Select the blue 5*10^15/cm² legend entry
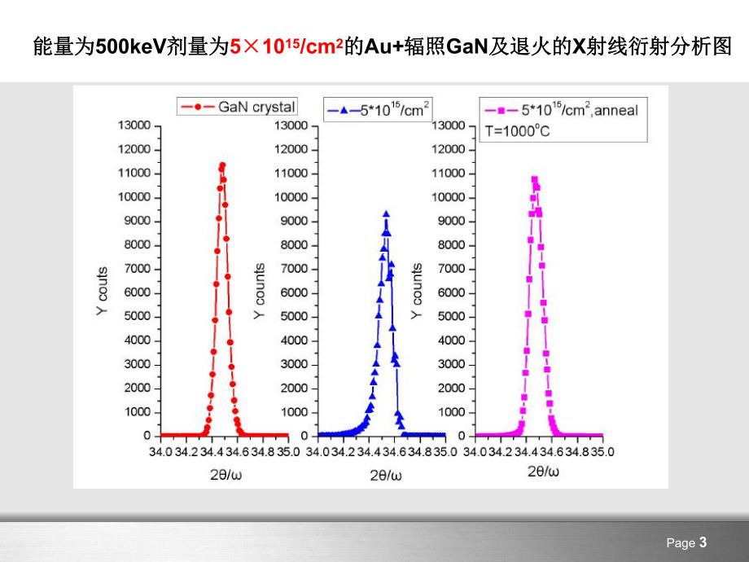pyautogui.click(x=379, y=109)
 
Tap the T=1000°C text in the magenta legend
pyautogui.click(x=518, y=130)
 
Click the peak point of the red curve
pyautogui.click(x=222, y=165)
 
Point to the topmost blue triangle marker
pyautogui.click(x=386, y=213)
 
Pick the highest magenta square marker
pyautogui.click(x=535, y=178)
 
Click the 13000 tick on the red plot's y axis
pyautogui.click(x=135, y=125)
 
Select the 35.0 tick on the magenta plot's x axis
pyautogui.click(x=602, y=450)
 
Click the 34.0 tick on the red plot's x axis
pyautogui.click(x=160, y=450)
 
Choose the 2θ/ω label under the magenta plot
pyautogui.click(x=541, y=471)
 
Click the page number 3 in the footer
pyautogui.click(x=703, y=542)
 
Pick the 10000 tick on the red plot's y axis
pyautogui.click(x=135, y=197)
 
